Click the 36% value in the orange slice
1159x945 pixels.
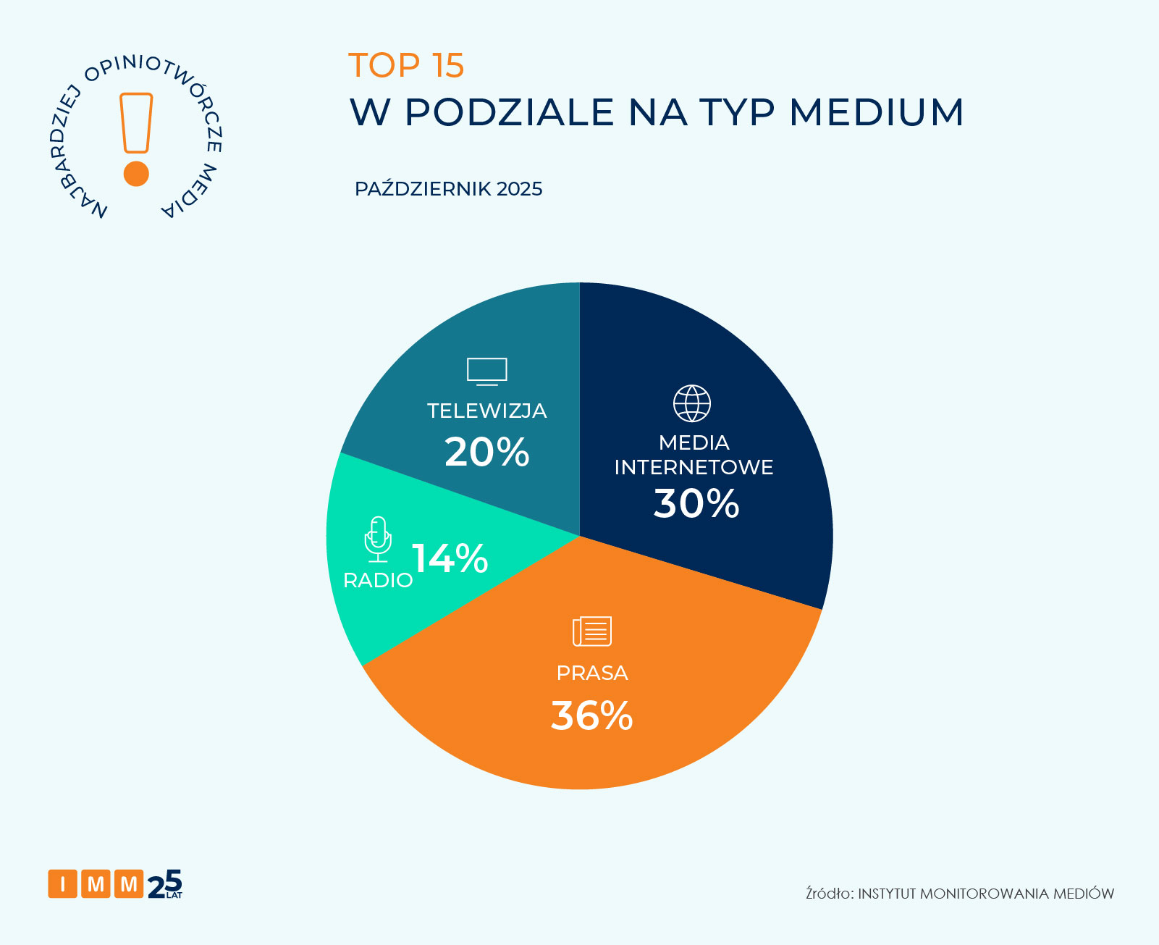tap(591, 715)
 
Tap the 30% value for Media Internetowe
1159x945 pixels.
tap(696, 503)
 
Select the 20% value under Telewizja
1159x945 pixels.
tap(486, 453)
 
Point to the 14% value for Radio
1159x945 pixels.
tap(450, 558)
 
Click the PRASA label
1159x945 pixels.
tap(591, 673)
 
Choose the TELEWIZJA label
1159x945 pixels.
tap(486, 411)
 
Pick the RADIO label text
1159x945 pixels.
tap(378, 580)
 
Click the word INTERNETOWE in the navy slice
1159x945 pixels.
tap(694, 467)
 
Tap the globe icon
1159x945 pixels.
tap(692, 403)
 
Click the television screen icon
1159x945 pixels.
tap(486, 371)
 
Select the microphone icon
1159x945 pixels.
tap(378, 539)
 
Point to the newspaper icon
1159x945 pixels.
tap(592, 631)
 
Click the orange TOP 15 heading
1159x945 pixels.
tap(406, 65)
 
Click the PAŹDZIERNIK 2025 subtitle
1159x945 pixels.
tap(448, 189)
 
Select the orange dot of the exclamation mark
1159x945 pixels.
tap(136, 174)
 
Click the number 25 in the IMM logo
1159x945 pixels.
tap(164, 883)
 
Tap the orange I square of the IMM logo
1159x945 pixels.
tap(63, 883)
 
